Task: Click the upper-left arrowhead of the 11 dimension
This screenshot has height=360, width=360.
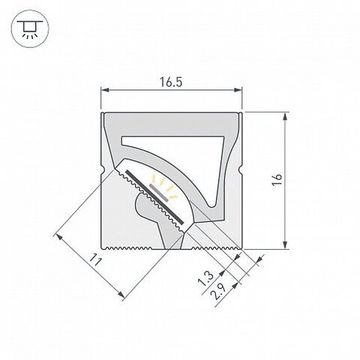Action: (61, 235)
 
